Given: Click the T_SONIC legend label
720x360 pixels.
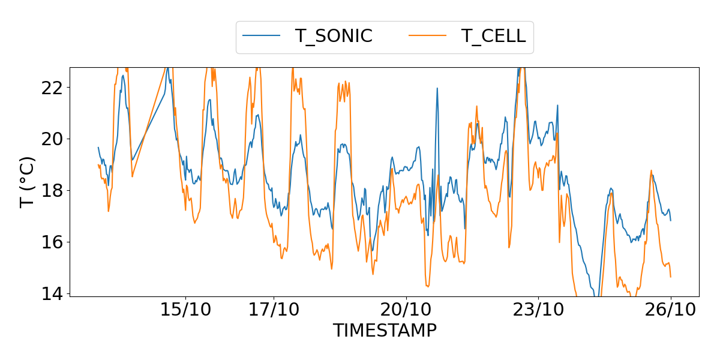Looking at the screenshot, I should [334, 36].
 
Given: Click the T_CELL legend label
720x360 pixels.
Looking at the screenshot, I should [493, 36].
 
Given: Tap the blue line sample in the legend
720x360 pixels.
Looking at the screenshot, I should [262, 36].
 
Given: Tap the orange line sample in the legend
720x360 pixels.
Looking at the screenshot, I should [428, 36].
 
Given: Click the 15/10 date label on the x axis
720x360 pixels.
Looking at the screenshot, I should [185, 310].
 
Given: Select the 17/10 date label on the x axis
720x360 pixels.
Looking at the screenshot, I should [274, 310].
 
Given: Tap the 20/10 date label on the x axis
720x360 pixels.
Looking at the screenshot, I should [406, 310].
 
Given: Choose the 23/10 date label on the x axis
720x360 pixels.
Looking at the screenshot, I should [538, 310].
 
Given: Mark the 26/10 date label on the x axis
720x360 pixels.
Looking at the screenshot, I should [671, 310].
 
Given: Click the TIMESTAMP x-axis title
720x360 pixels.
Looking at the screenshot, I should [385, 331].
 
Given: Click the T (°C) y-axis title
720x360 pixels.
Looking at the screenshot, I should [28, 182].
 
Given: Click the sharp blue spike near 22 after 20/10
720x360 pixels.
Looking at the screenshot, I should [437, 88].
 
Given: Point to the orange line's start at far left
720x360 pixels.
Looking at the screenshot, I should [98, 164].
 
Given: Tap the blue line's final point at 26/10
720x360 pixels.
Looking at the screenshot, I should [670, 220].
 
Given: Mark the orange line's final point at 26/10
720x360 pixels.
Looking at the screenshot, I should [670, 277].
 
